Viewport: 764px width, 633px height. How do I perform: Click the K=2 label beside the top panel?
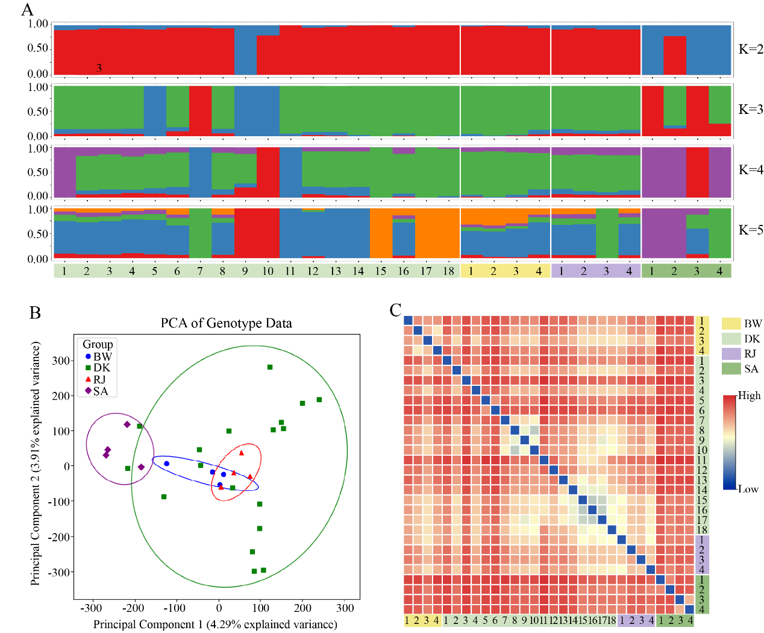751,49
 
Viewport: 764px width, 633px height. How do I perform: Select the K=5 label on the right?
751,230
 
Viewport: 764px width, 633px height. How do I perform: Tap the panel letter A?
27,10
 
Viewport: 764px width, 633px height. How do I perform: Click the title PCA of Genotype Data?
226,323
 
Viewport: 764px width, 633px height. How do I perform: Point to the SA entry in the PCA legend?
101,391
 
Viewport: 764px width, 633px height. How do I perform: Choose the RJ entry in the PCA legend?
99,379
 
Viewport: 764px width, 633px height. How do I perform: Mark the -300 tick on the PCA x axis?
92,608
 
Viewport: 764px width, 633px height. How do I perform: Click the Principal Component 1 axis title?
215,625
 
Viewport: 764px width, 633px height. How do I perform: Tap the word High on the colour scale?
749,395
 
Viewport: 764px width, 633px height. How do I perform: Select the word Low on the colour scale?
749,489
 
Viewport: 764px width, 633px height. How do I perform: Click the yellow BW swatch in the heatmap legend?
731,324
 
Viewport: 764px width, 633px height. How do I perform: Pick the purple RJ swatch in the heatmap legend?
731,354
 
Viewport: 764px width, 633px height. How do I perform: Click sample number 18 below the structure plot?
448,271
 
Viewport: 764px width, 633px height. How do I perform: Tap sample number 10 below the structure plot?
268,271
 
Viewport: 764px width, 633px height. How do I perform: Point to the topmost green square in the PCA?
270,367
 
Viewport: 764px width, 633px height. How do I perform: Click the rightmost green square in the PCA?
319,400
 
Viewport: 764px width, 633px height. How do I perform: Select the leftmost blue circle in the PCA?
166,464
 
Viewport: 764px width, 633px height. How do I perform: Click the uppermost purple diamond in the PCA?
127,424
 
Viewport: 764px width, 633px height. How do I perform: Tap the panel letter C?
395,310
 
